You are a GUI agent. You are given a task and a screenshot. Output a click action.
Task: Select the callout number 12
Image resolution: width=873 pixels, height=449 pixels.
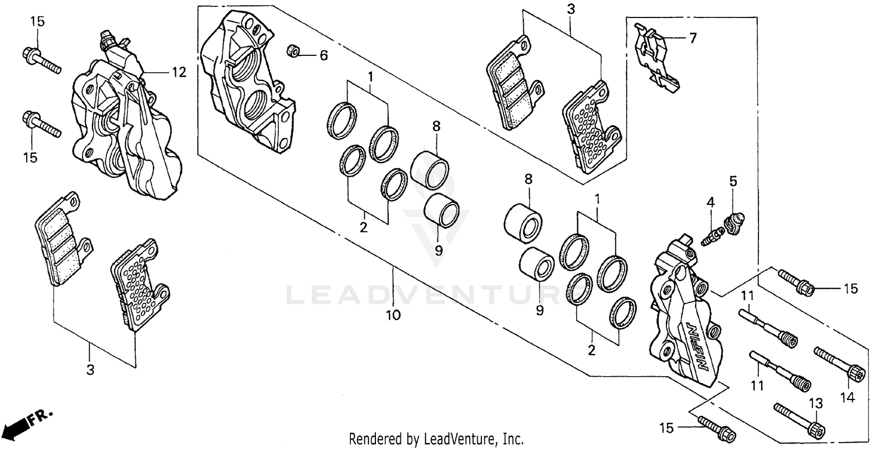(178, 72)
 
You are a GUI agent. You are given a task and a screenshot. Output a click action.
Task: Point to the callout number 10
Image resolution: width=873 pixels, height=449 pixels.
(393, 315)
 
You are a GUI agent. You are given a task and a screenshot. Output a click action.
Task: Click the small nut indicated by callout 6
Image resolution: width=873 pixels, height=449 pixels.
(293, 51)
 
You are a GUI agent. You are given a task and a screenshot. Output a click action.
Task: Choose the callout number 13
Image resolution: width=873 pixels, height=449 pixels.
(816, 403)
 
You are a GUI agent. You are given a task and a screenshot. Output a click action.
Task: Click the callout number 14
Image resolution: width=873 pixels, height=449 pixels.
(847, 398)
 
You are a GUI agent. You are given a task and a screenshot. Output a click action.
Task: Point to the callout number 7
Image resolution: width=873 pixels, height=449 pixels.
(692, 38)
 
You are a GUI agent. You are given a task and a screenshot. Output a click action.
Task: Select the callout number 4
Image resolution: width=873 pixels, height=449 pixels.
(711, 203)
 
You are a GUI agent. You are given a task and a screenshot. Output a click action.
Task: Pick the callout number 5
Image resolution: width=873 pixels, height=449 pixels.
(733, 181)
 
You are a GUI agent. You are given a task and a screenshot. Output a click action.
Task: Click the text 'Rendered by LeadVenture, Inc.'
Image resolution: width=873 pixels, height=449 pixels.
(436, 439)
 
